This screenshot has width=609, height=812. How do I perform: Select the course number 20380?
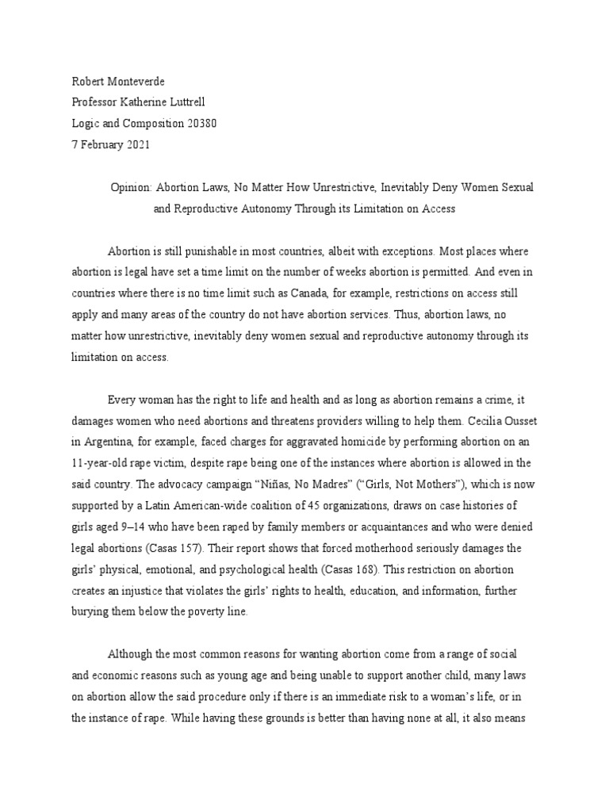[x=199, y=124]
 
